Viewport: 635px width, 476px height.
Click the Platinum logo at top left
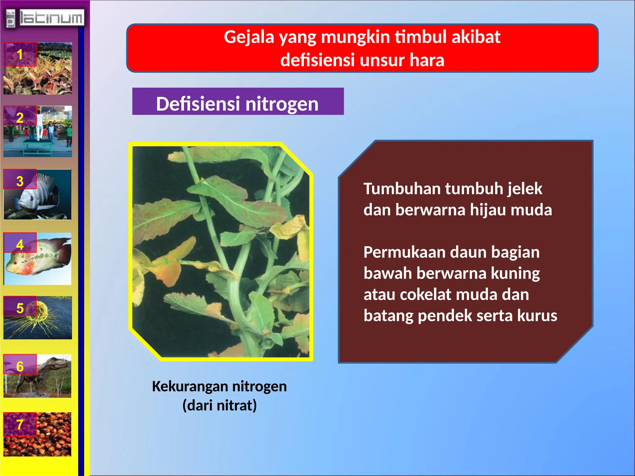[45, 18]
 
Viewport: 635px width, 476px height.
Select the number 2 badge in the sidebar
[20, 117]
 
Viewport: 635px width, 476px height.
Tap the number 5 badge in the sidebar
[20, 308]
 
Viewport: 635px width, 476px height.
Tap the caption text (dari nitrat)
[220, 405]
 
